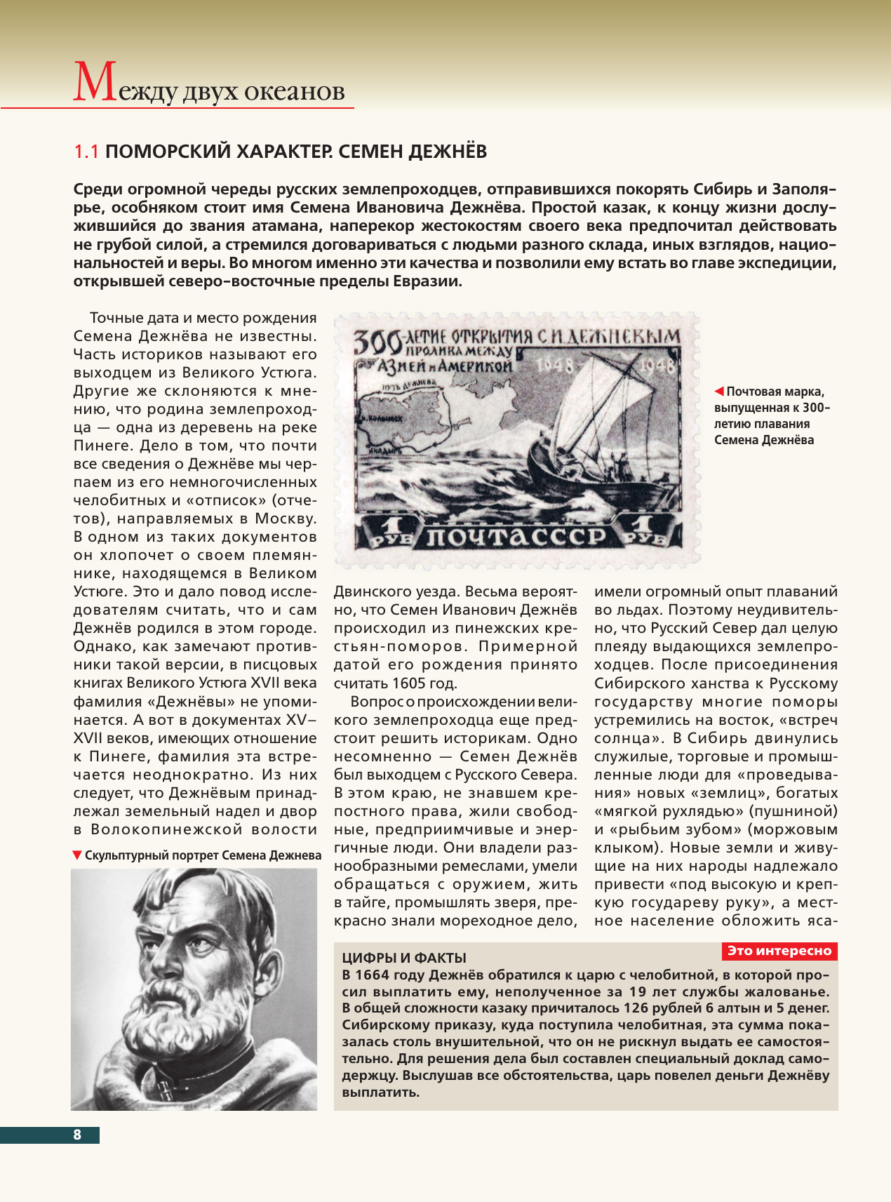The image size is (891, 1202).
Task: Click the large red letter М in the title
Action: coord(94,83)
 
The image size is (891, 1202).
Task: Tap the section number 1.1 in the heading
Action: coord(87,152)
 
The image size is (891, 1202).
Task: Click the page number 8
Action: coord(77,1135)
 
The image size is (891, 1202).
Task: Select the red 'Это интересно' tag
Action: coord(779,951)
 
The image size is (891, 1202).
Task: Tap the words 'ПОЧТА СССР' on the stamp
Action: coord(516,537)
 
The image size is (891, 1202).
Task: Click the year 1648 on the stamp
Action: coord(556,364)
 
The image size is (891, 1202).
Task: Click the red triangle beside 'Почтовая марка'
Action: coord(719,392)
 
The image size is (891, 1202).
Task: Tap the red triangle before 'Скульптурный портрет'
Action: coord(77,855)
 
